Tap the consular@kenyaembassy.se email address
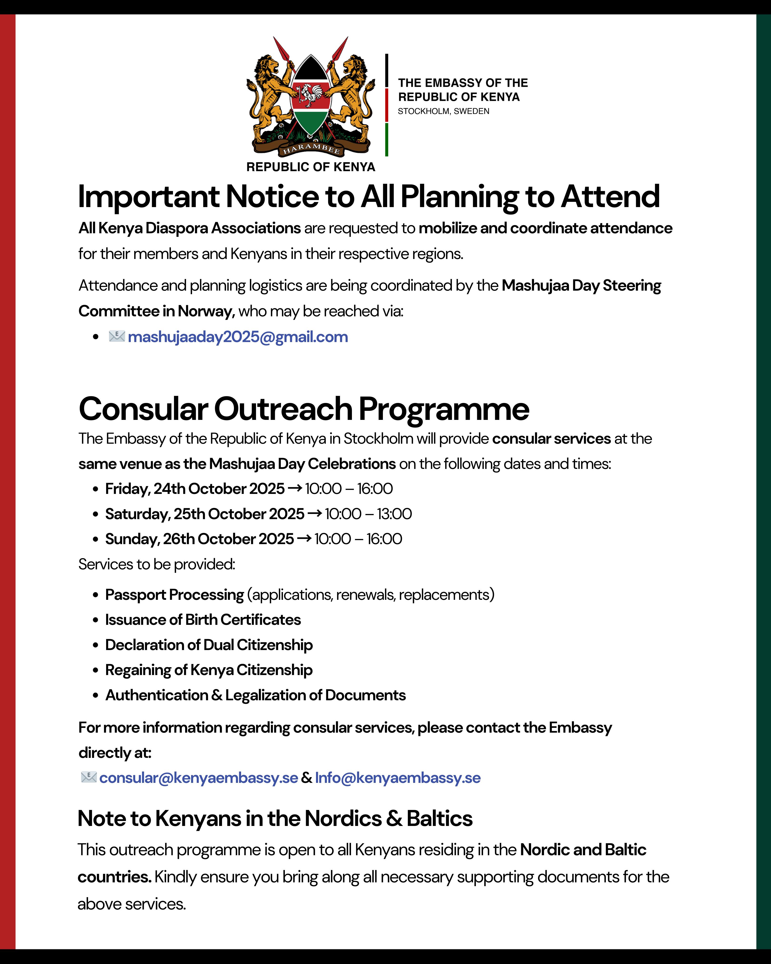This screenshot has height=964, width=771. click(198, 778)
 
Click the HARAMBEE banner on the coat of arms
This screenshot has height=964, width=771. click(311, 149)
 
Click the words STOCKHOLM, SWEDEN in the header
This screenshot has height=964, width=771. click(443, 111)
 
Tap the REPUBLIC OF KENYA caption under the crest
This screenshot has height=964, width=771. click(311, 167)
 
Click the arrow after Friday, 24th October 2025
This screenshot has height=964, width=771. click(295, 488)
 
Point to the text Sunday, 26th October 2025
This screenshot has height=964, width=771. click(199, 539)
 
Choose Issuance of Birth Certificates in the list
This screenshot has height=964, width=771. click(203, 620)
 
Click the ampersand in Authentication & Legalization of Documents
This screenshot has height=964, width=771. click(217, 695)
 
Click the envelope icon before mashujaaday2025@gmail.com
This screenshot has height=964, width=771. click(117, 336)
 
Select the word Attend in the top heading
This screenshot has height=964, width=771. click(610, 197)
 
